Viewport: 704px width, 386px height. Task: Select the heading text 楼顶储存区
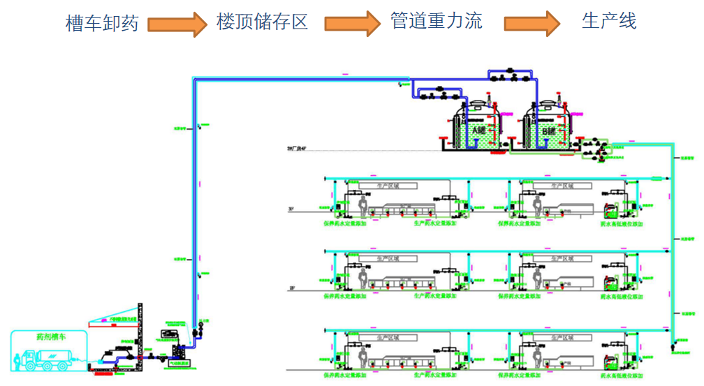point(262,22)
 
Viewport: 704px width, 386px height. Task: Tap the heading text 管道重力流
point(436,21)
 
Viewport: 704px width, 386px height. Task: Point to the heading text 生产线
point(609,21)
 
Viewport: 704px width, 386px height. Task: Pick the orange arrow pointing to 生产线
point(532,24)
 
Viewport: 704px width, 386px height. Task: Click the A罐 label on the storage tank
point(480,131)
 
